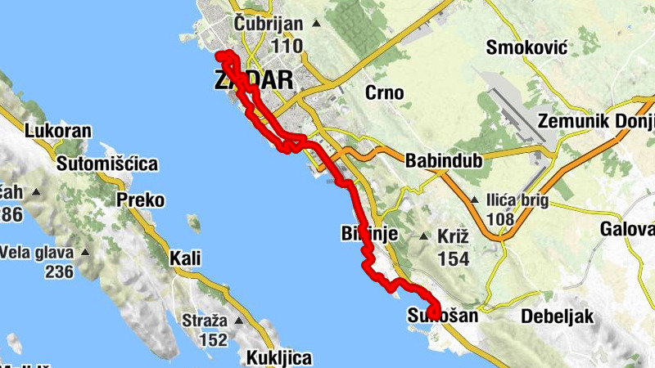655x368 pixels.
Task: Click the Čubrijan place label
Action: click(x=268, y=25)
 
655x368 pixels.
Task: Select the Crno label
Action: click(x=384, y=92)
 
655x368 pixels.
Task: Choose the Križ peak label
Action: click(x=454, y=236)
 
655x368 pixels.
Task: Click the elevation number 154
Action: click(x=454, y=258)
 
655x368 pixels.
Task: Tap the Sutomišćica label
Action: click(x=106, y=164)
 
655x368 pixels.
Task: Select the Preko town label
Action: click(x=140, y=200)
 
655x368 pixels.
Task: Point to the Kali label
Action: click(x=184, y=259)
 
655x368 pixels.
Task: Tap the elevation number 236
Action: click(x=59, y=272)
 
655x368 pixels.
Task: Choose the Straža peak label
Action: click(x=204, y=320)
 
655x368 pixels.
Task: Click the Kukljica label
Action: click(x=278, y=357)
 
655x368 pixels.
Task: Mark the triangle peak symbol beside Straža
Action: click(x=239, y=320)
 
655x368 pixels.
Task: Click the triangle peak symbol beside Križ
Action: click(x=424, y=237)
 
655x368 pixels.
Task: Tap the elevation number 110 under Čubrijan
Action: click(x=286, y=46)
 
